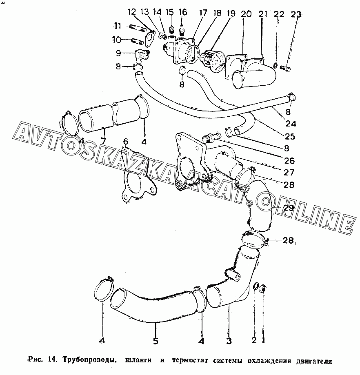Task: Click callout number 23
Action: tap(296, 14)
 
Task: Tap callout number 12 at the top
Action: tap(131, 12)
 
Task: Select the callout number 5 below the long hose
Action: tap(156, 341)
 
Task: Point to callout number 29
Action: tap(289, 208)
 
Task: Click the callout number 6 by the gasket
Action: tap(126, 142)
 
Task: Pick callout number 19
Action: tap(231, 13)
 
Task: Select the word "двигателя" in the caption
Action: tap(313, 361)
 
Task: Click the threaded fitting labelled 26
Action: tap(210, 138)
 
